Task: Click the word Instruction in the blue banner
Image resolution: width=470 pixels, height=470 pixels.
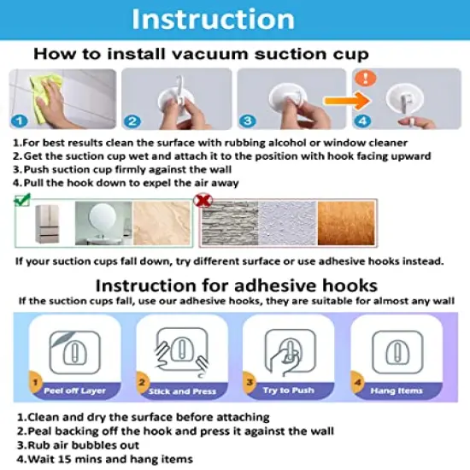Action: coord(213,19)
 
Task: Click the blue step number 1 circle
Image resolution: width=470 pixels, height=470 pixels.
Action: coord(20,121)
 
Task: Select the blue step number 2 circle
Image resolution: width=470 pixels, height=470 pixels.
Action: coord(132,121)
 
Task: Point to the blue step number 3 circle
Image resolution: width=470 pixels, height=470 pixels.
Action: coord(248,121)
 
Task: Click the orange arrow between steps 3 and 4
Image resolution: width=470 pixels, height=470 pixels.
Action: coord(347,101)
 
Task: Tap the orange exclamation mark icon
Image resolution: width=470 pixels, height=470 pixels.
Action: coord(366,79)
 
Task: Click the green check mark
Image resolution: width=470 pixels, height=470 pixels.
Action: coord(22,200)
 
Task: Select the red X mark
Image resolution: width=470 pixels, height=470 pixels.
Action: coord(203,200)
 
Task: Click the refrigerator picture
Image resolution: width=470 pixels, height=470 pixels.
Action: coord(47,224)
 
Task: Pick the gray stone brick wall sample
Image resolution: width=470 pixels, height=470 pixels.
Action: coord(230,223)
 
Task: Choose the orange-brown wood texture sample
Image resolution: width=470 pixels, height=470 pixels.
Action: coord(346,223)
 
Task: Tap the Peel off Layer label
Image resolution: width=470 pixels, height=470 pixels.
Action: coord(74,391)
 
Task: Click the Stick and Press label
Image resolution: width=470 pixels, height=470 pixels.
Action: coord(183,391)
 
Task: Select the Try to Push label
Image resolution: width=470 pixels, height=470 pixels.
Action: coord(289,391)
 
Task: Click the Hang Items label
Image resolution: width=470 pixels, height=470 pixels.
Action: coord(397,391)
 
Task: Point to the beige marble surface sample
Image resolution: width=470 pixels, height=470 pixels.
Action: coord(162,223)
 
